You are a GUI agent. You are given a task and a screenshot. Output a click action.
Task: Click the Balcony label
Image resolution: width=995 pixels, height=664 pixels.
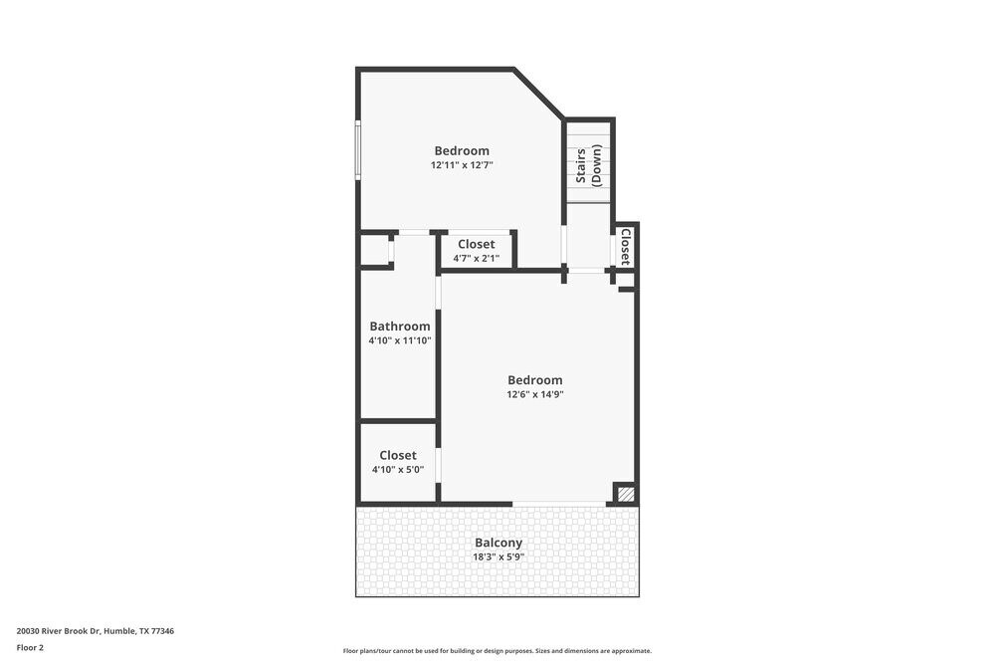pyautogui.click(x=497, y=543)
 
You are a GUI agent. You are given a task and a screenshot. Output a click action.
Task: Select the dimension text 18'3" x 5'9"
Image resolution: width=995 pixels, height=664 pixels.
pyautogui.click(x=497, y=556)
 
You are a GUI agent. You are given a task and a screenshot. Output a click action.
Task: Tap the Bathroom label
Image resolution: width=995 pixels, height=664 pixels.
pyautogui.click(x=400, y=326)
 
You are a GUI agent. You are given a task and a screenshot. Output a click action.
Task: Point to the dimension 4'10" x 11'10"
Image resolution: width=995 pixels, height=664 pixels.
pyautogui.click(x=400, y=340)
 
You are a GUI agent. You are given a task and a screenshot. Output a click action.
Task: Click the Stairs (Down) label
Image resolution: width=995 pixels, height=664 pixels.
pyautogui.click(x=588, y=165)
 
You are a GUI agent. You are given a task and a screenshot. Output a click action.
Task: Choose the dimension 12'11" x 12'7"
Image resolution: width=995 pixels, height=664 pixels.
pyautogui.click(x=462, y=165)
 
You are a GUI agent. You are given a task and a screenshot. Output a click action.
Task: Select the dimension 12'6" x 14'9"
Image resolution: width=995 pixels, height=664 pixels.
pyautogui.click(x=535, y=394)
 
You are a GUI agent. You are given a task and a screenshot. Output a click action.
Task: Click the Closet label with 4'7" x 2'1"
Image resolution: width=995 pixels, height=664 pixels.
pyautogui.click(x=476, y=244)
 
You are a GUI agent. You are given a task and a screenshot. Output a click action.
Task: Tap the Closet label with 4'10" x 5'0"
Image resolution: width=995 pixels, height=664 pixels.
pyautogui.click(x=398, y=455)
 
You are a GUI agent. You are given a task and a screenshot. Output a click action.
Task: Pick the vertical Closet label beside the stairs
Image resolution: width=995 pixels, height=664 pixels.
pyautogui.click(x=625, y=246)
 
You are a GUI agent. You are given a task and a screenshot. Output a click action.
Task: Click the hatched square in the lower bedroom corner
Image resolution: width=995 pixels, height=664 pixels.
pyautogui.click(x=625, y=493)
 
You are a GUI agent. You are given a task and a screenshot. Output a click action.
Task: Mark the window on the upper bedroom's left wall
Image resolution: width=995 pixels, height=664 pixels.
pyautogui.click(x=358, y=150)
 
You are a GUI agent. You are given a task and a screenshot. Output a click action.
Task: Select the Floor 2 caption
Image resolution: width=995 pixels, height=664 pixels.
pyautogui.click(x=30, y=647)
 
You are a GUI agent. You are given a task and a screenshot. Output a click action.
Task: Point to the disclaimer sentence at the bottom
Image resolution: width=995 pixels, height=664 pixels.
pyautogui.click(x=497, y=650)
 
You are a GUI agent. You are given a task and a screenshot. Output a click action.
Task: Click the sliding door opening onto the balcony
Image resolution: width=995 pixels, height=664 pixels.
pyautogui.click(x=559, y=504)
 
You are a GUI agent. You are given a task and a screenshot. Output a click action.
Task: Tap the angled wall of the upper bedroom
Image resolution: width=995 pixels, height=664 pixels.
pyautogui.click(x=538, y=94)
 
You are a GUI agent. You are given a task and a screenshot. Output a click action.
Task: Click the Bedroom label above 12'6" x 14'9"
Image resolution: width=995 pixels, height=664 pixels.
pyautogui.click(x=535, y=379)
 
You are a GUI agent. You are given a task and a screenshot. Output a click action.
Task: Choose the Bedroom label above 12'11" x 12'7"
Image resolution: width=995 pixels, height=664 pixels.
pyautogui.click(x=462, y=150)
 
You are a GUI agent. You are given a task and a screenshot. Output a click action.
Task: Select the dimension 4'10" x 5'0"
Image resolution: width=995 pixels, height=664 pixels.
pyautogui.click(x=398, y=470)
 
